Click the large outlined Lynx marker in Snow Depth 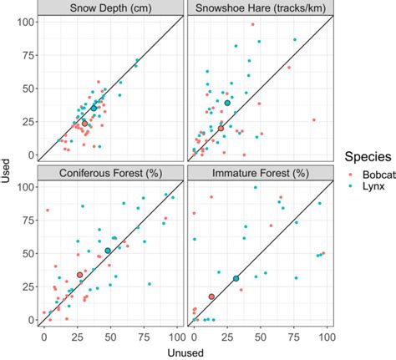pos(94,108)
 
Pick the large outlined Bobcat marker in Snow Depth pos(84,123)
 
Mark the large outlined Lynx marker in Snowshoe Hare pos(227,103)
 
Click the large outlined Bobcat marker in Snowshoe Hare pos(221,128)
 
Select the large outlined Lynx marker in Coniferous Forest pos(108,251)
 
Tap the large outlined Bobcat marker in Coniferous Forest pos(80,275)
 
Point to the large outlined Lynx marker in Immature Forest pos(236,278)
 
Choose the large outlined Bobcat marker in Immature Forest pos(211,297)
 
